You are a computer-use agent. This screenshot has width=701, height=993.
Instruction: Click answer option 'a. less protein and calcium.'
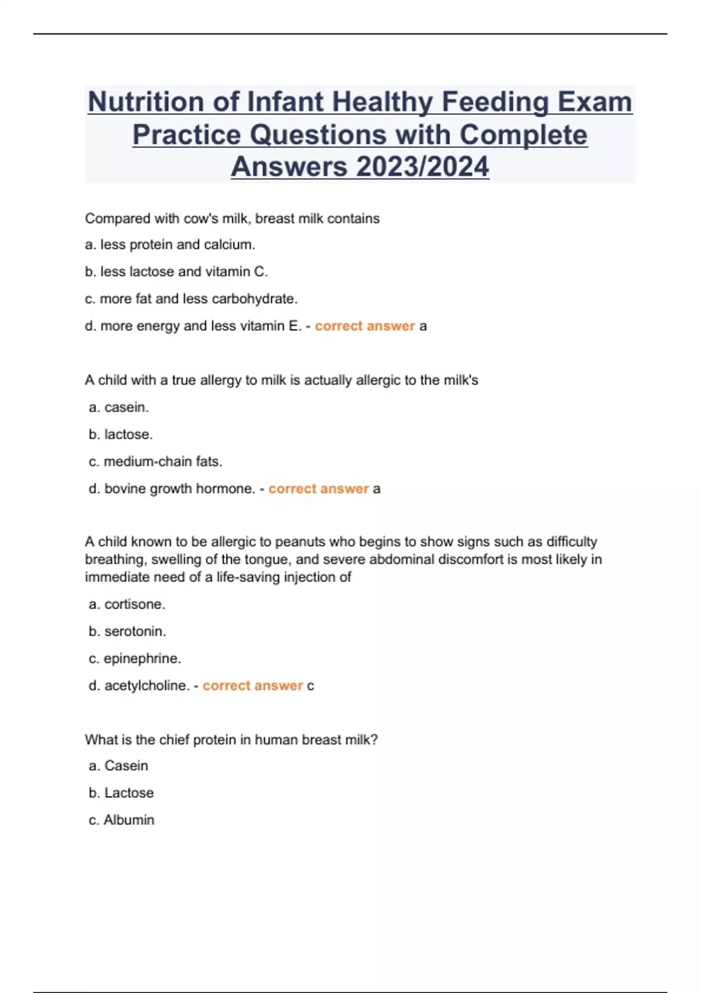coord(170,245)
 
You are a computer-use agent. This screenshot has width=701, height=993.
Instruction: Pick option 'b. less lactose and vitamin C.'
coord(176,272)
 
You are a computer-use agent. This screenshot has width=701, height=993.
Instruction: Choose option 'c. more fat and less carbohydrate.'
coord(191,299)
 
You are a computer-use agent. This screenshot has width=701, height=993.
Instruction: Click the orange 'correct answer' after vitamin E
coord(365,326)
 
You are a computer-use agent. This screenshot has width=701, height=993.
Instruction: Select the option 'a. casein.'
coord(119,407)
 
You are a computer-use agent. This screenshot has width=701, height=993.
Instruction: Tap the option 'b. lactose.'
coord(120,435)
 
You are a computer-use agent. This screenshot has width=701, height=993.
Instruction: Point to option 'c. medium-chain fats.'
coord(155,461)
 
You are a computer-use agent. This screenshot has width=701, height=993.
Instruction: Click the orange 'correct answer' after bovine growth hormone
coord(318,489)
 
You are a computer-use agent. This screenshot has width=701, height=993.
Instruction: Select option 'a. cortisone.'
coord(127,604)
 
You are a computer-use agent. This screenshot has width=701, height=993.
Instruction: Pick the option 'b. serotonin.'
coord(127,631)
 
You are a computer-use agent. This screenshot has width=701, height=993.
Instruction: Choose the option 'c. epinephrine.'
coord(135,658)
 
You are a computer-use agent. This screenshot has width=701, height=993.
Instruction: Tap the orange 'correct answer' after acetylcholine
coord(252,686)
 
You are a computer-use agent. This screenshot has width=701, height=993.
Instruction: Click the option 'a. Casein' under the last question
coord(119,766)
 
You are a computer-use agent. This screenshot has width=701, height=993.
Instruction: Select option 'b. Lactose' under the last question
coord(121,793)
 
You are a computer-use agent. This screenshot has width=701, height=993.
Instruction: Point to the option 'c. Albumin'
coord(122,820)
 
